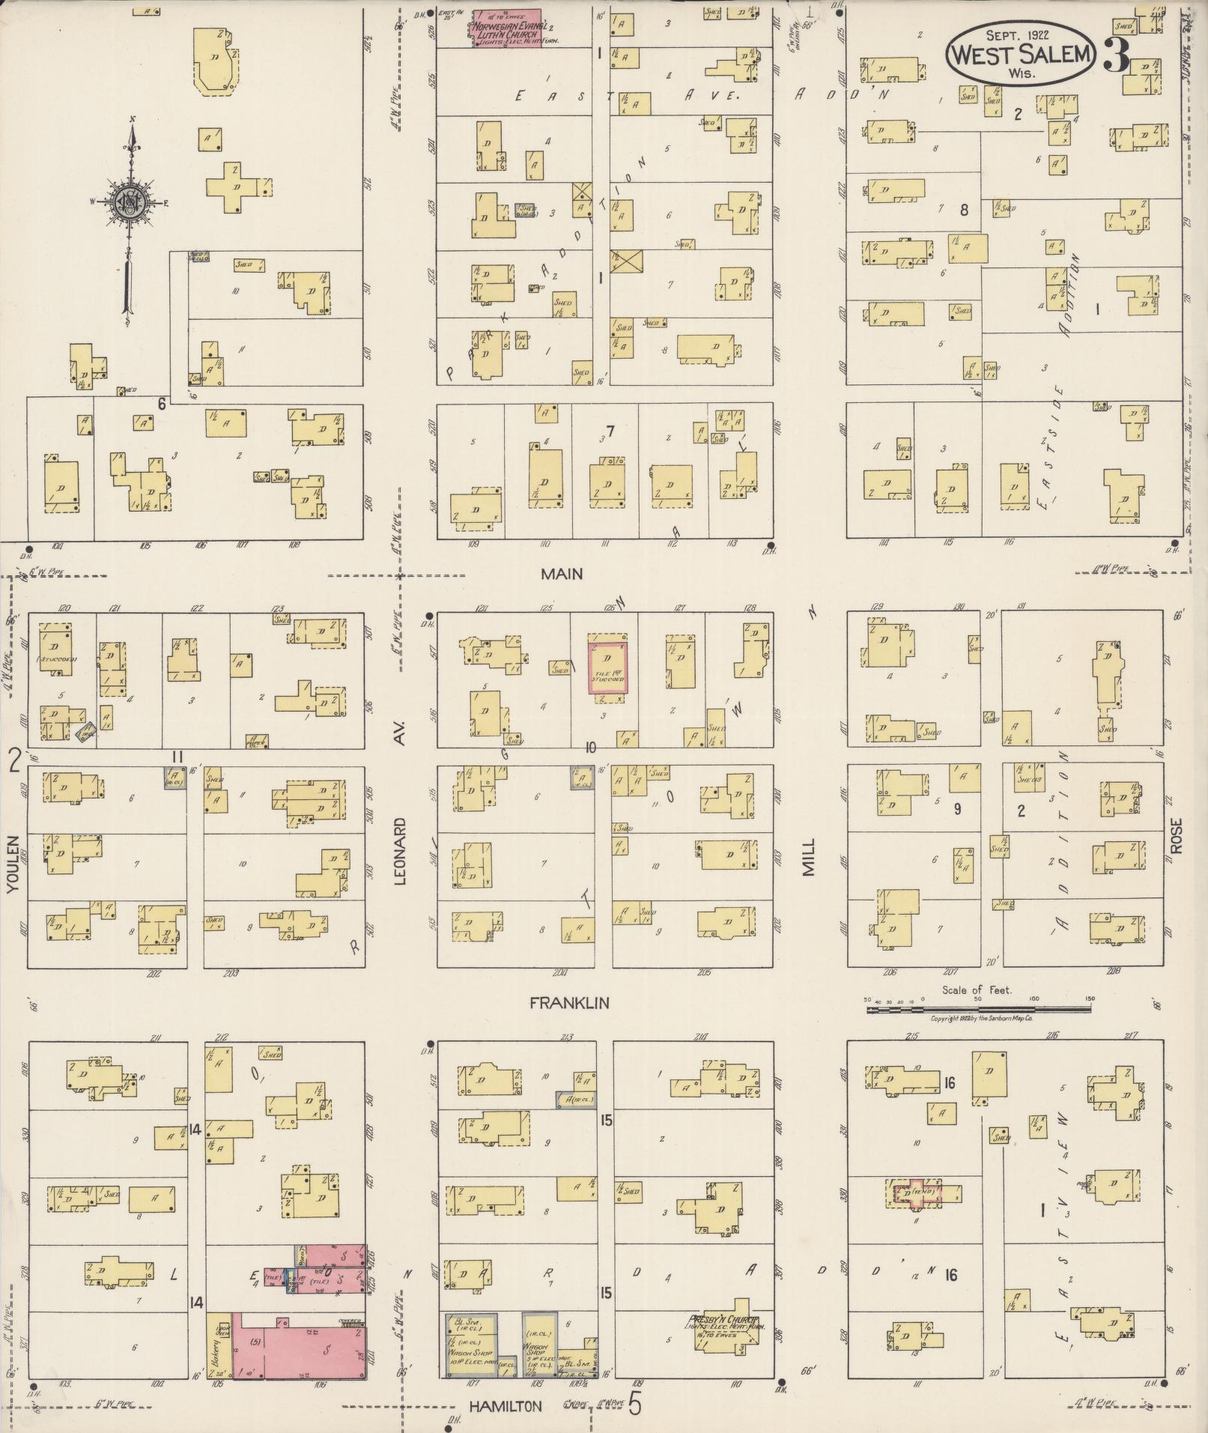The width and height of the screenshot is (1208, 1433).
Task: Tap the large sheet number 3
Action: coord(1116,54)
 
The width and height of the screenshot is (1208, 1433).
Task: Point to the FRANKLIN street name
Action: coord(569,1003)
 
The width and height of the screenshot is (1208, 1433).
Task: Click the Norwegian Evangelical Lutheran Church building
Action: coord(506,30)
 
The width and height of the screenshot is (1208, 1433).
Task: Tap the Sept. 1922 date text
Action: coord(1016,34)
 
